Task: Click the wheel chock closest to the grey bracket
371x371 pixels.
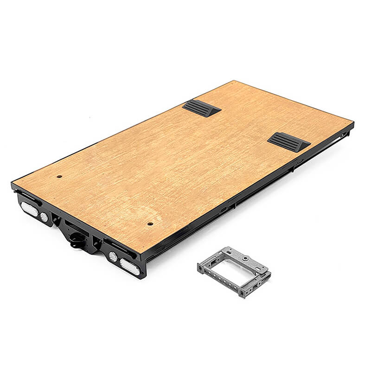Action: pos(288,141)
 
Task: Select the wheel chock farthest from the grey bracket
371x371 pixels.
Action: pos(202,108)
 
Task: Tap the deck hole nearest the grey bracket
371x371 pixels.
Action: pos(150,224)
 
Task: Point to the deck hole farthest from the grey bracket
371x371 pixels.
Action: pos(60,176)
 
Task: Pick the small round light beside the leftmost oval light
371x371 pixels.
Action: pos(44,217)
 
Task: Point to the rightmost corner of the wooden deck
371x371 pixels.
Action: pos(353,123)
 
